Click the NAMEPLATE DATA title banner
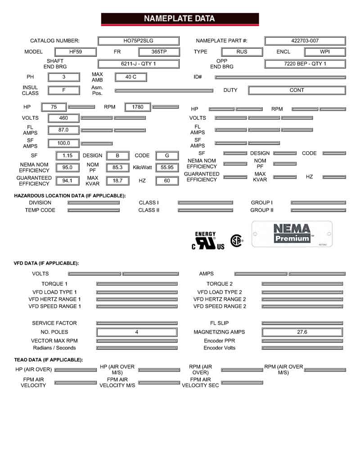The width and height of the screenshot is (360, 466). pyautogui.click(x=180, y=19)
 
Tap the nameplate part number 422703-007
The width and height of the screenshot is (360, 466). pyautogui.click(x=305, y=41)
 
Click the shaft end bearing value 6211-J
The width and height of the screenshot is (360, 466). pyautogui.click(x=138, y=64)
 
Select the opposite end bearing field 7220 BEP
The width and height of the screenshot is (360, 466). pyautogui.click(x=305, y=64)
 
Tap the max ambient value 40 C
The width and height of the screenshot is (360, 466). pyautogui.click(x=130, y=77)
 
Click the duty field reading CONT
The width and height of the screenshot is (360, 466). pyautogui.click(x=297, y=90)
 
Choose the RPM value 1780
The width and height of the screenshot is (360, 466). pyautogui.click(x=138, y=107)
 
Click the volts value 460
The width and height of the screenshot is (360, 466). pyautogui.click(x=63, y=118)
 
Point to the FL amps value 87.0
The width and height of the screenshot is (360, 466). pyautogui.click(x=63, y=130)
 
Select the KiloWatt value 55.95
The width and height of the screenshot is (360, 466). pyautogui.click(x=167, y=167)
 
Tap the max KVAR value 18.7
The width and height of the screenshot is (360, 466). pyautogui.click(x=117, y=181)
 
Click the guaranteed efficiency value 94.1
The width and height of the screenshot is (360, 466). pyautogui.click(x=67, y=181)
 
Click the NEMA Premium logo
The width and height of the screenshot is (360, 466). pyautogui.click(x=292, y=234)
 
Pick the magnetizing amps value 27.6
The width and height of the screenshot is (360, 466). pyautogui.click(x=302, y=332)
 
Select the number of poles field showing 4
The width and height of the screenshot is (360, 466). pyautogui.click(x=137, y=332)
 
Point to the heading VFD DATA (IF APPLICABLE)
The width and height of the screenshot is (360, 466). pyautogui.click(x=46, y=263)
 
